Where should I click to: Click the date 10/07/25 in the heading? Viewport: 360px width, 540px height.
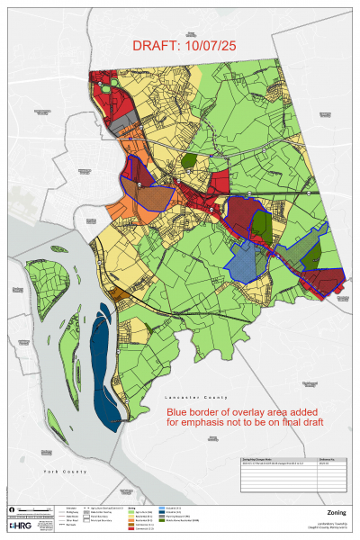tap(214, 46)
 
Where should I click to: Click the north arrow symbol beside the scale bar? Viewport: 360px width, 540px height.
tap(10, 510)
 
